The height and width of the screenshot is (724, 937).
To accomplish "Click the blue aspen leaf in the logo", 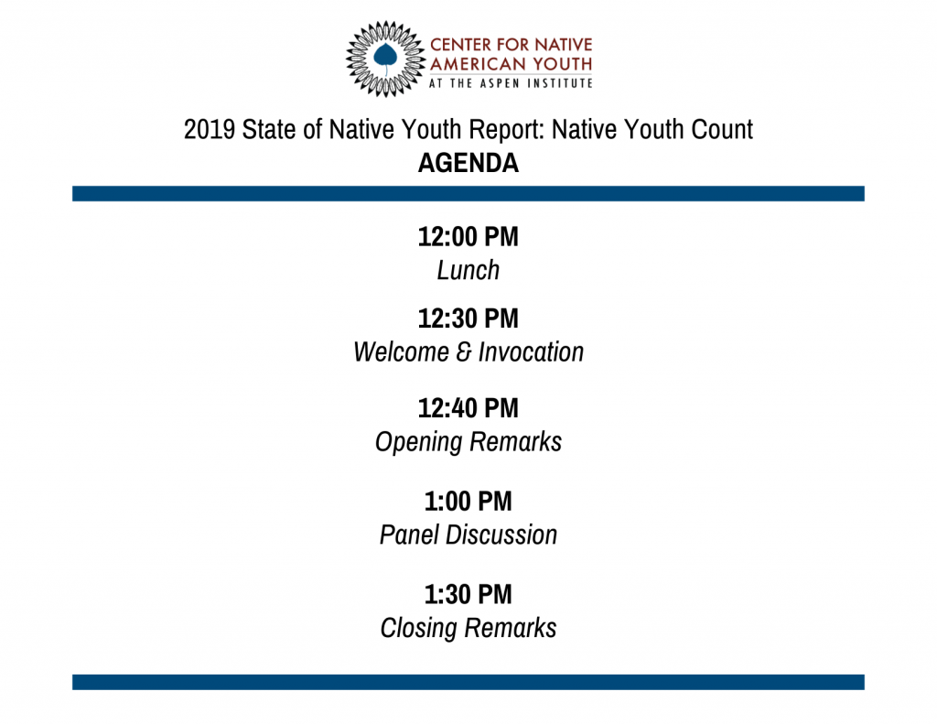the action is [x=385, y=58].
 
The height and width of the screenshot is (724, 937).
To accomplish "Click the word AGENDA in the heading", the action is [x=468, y=163].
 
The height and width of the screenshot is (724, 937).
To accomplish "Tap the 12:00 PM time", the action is [x=468, y=237].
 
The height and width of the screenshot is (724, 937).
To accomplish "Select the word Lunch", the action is [x=468, y=270].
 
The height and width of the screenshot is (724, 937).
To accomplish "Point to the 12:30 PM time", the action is [x=468, y=319].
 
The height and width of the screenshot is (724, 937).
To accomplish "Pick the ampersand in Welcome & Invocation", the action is [x=464, y=352].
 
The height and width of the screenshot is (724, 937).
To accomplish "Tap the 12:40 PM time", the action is [x=468, y=408].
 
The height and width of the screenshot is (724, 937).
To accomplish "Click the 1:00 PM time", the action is [x=468, y=502].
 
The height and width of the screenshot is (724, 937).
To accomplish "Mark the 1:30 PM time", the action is [x=468, y=595].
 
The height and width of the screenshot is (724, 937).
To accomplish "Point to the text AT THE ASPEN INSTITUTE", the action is [x=511, y=83].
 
